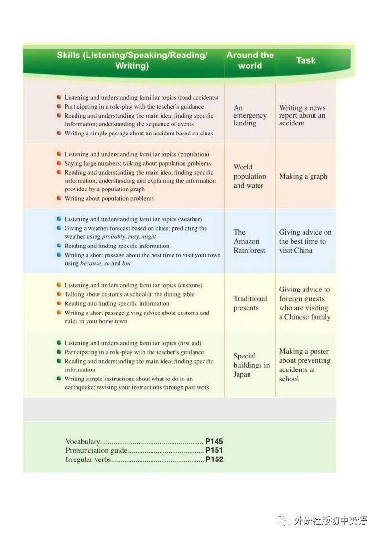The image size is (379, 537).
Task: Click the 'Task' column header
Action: (305, 60)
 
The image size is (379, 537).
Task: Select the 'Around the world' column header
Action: (250, 60)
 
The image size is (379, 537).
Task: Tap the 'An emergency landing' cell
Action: (249, 115)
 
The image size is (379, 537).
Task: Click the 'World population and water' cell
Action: (249, 176)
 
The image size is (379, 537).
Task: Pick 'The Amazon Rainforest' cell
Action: (249, 241)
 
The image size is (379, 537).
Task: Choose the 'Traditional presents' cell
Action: (250, 303)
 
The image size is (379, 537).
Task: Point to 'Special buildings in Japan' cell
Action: (251, 365)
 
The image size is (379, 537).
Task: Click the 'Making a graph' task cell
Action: (303, 176)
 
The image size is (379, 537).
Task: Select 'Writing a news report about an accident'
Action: (302, 115)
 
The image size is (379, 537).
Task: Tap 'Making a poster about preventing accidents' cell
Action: (304, 365)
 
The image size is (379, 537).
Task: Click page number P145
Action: (214, 442)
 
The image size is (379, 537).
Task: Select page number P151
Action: (214, 450)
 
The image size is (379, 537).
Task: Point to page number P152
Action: (214, 459)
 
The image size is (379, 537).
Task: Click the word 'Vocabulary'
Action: (83, 442)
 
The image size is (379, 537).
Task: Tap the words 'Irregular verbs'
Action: (88, 459)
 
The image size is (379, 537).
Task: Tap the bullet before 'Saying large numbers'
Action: (59, 163)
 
